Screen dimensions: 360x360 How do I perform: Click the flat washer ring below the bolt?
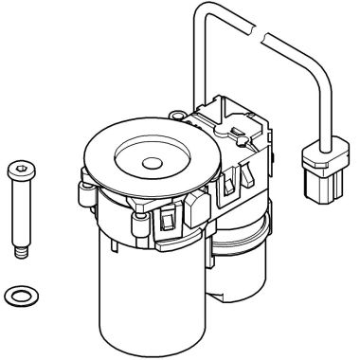click(x=17, y=296)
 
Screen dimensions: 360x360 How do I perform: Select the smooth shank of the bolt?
click(x=20, y=213)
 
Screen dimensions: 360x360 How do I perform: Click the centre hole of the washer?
click(x=18, y=296)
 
